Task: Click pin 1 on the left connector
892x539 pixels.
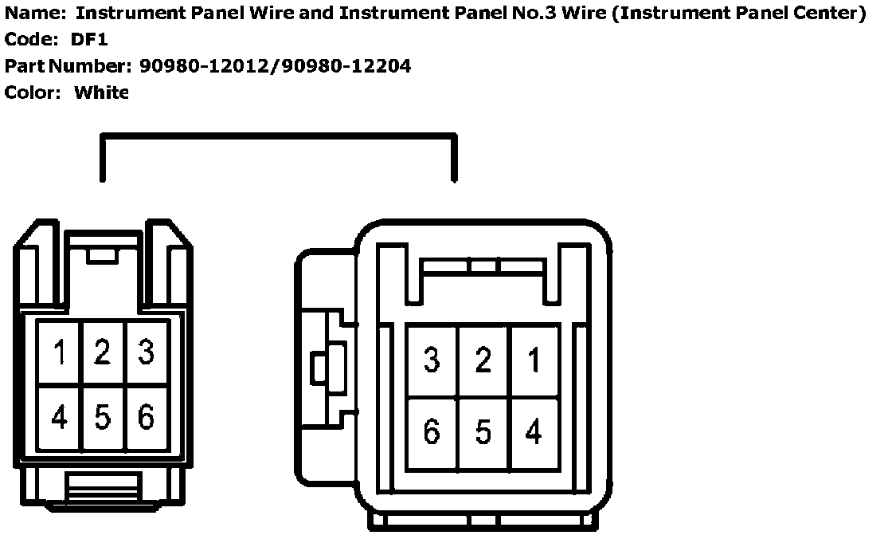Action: tap(59, 352)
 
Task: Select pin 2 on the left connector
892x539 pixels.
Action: tap(102, 352)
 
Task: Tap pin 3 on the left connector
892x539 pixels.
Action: tap(146, 352)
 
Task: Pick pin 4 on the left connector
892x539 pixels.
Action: tap(59, 417)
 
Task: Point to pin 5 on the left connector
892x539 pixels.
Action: tap(102, 417)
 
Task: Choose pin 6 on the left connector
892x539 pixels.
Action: tap(146, 417)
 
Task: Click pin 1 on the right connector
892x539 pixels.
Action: tap(534, 360)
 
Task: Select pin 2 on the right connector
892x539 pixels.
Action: tap(483, 360)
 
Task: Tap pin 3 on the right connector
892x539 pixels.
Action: tap(432, 360)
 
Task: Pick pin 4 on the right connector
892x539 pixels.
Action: tap(534, 432)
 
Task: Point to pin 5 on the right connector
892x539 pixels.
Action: tap(483, 432)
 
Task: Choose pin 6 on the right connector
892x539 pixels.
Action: tap(432, 432)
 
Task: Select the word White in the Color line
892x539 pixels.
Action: tap(101, 92)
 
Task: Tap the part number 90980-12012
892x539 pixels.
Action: tap(204, 66)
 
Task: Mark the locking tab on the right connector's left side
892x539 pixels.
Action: tap(322, 368)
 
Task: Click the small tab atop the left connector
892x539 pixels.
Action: tap(102, 255)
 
